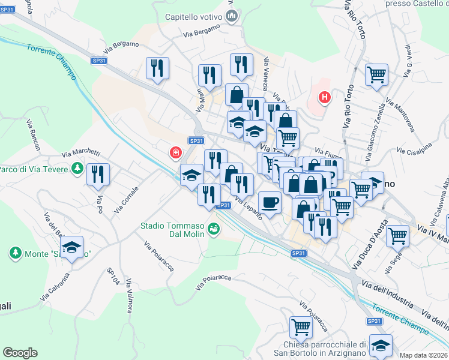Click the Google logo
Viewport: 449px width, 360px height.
[x=20, y=353]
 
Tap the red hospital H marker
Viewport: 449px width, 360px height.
[x=325, y=96]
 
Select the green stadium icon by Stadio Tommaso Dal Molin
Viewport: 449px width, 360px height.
[x=213, y=229]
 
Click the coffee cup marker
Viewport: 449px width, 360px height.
[x=270, y=202]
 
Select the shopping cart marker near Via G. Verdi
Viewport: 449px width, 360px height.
[x=376, y=75]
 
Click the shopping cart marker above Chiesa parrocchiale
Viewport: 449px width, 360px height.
[x=301, y=327]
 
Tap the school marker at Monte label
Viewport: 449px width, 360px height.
[x=71, y=247]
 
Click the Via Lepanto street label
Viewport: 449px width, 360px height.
[x=248, y=208]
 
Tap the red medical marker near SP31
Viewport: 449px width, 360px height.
[x=175, y=153]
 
